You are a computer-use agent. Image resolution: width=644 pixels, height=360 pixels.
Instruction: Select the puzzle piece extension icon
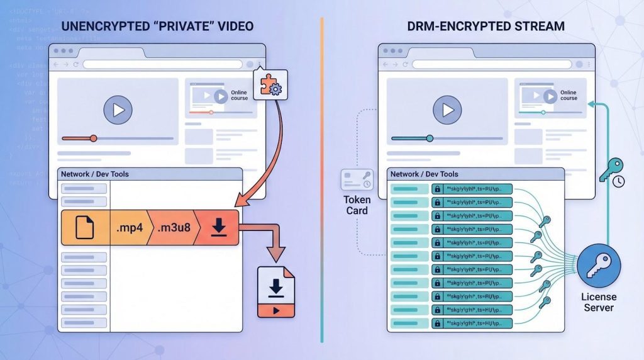(269, 84)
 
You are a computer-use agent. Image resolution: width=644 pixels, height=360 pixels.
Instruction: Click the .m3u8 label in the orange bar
(174, 227)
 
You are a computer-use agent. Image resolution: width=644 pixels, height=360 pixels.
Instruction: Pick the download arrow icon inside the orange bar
(218, 227)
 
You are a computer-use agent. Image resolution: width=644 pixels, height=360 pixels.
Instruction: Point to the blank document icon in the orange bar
(84, 227)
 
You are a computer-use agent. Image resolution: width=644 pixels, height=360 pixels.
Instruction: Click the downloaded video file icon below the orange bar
(275, 292)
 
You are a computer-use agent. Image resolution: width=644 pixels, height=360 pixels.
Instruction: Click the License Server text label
(599, 301)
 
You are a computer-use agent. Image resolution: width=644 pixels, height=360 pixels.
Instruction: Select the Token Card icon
(357, 180)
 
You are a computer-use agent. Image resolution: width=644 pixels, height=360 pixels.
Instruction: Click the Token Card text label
(357, 206)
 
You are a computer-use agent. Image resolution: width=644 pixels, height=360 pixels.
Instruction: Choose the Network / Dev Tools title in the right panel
(425, 174)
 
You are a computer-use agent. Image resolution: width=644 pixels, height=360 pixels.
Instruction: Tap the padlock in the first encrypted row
(436, 189)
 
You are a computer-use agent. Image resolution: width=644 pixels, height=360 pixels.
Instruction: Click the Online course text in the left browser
(239, 95)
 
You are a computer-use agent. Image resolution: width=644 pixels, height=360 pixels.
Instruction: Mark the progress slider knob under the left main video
(94, 138)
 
